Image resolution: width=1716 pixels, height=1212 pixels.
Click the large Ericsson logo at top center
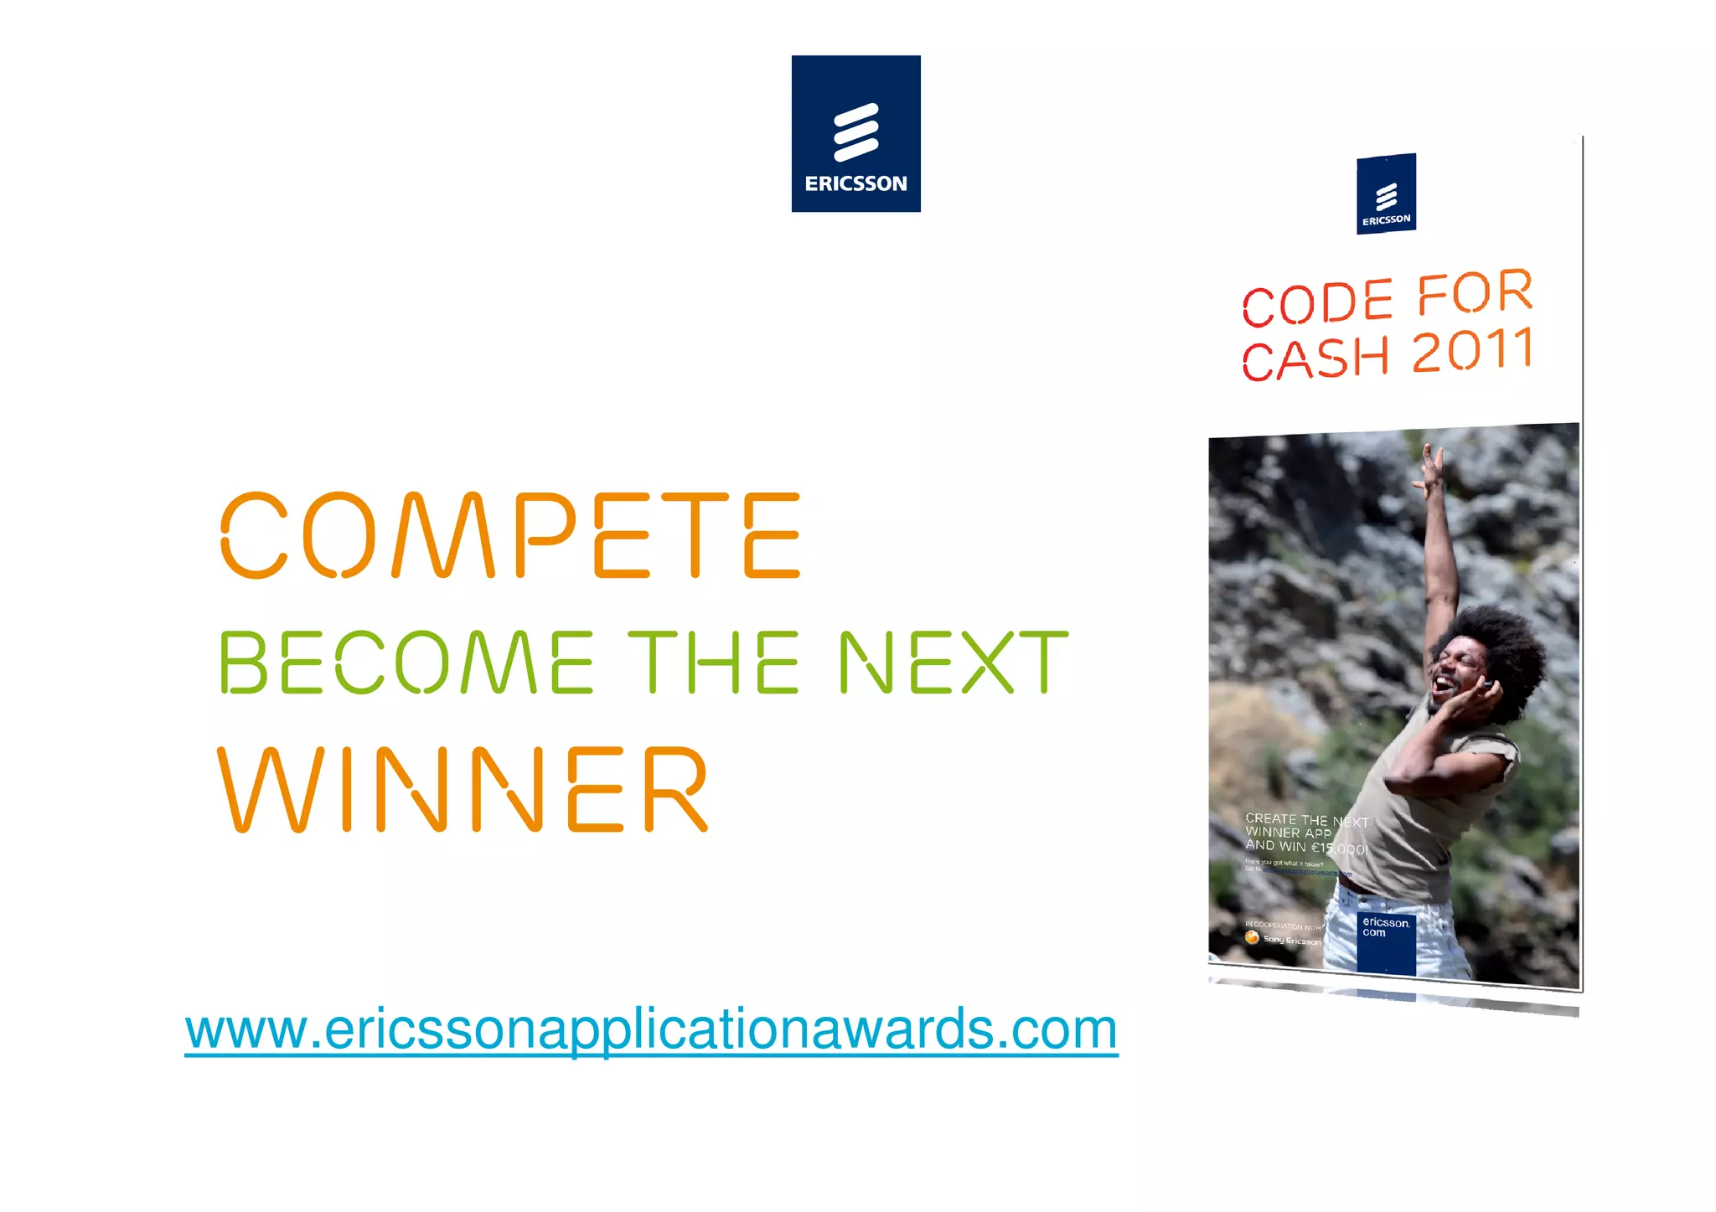(x=855, y=134)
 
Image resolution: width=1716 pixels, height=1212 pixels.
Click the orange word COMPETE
(x=510, y=536)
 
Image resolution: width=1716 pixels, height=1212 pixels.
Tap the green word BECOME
(x=406, y=663)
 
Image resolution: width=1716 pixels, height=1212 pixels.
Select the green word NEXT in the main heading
(x=954, y=663)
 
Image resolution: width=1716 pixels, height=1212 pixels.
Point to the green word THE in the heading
(x=713, y=663)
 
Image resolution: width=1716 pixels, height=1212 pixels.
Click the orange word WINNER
(x=463, y=790)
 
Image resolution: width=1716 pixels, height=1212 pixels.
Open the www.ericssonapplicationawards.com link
(x=651, y=1029)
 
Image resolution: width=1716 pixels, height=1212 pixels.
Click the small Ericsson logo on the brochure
(x=1386, y=194)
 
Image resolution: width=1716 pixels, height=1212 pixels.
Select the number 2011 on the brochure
(x=1473, y=350)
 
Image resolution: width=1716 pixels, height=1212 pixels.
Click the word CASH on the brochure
(x=1315, y=358)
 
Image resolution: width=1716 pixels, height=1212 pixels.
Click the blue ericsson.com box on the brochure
(x=1386, y=942)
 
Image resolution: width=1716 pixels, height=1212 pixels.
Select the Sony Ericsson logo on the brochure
(x=1282, y=940)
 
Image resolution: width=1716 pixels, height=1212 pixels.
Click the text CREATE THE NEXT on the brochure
(x=1305, y=820)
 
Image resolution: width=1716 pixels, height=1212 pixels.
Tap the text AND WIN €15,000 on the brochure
(x=1305, y=848)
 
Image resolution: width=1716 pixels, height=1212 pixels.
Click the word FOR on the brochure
(x=1475, y=293)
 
